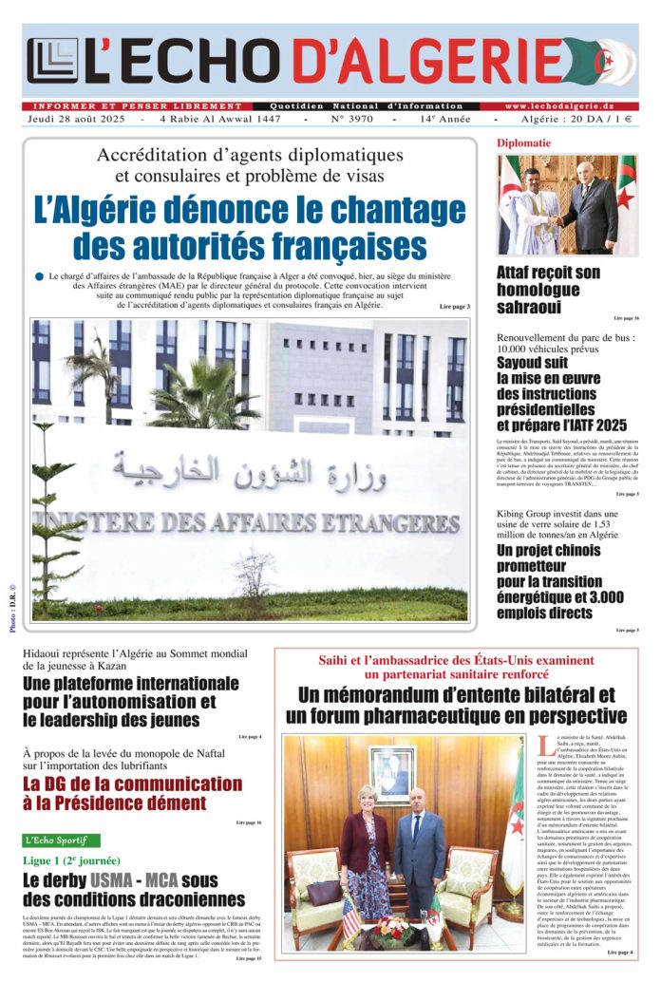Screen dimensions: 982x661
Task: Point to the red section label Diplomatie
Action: [523, 143]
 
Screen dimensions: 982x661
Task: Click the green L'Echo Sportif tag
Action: [62, 840]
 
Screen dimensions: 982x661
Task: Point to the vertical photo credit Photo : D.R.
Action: [12, 604]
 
